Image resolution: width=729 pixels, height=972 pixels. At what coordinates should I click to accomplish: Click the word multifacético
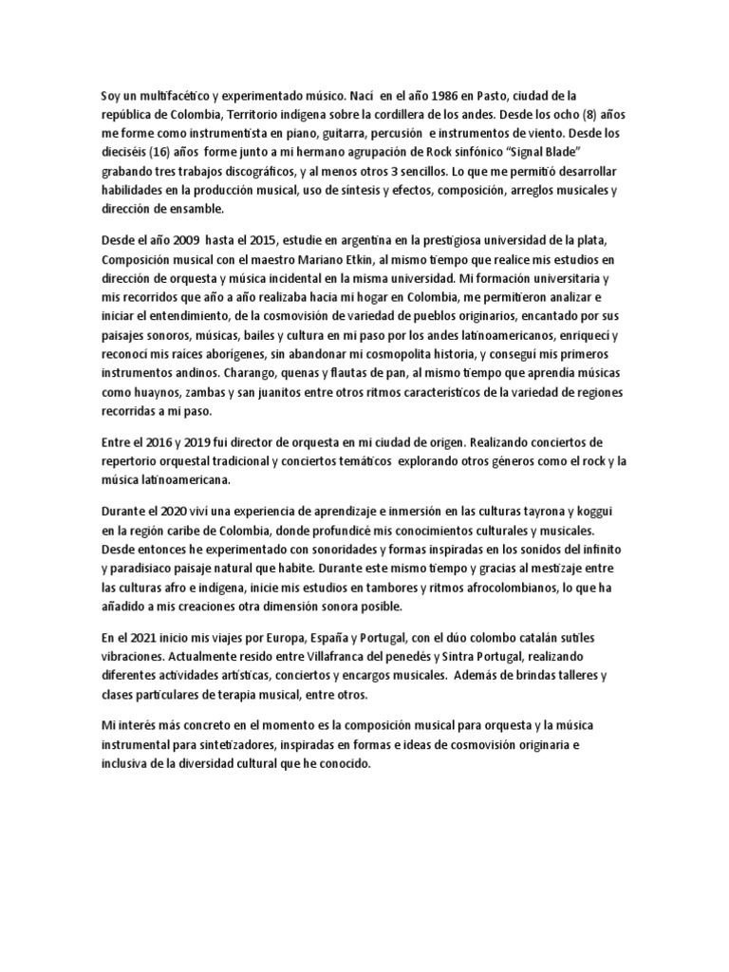pyautogui.click(x=163, y=96)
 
